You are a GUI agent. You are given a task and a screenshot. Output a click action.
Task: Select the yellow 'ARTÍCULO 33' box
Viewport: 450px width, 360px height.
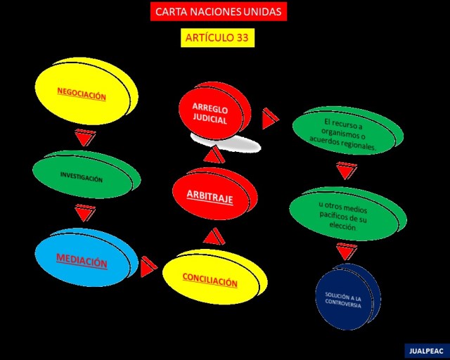[x=217, y=38]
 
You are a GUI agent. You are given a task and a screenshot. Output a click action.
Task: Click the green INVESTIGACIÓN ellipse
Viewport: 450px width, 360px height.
[x=82, y=177]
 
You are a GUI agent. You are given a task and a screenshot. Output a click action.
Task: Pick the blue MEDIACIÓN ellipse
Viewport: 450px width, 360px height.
[x=82, y=262]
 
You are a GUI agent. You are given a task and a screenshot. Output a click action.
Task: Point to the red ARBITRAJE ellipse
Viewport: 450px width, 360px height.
[x=210, y=197]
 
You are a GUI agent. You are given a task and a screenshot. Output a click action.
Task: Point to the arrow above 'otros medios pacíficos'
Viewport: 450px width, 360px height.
[x=344, y=171]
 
